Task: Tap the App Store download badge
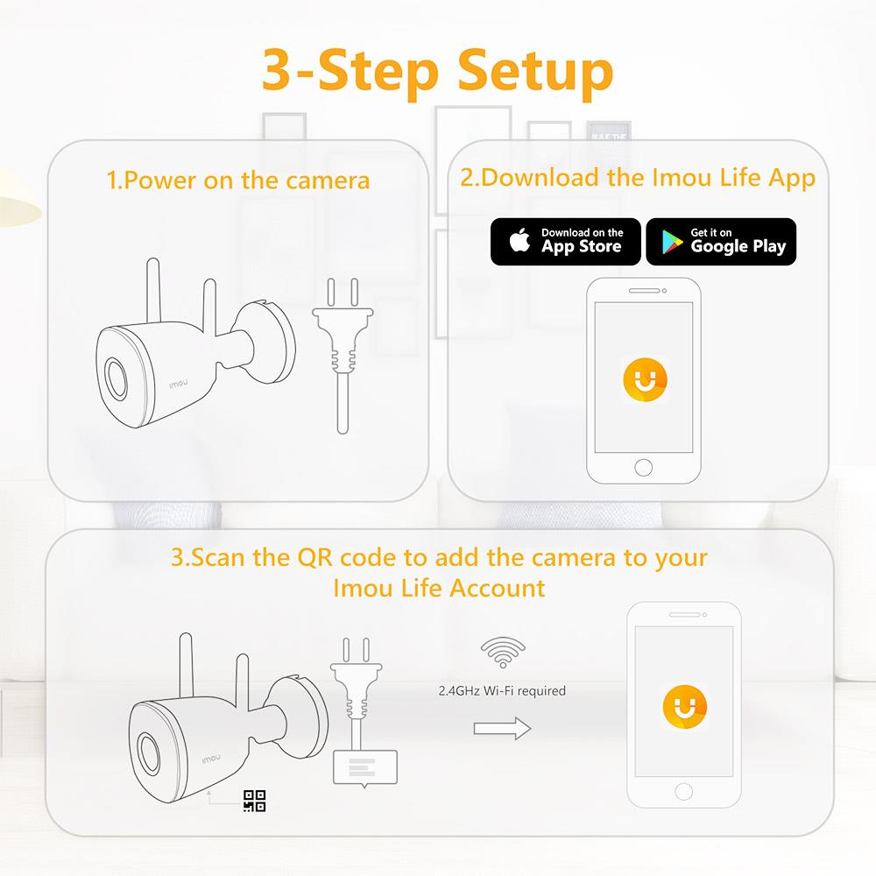point(565,241)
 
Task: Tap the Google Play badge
point(721,241)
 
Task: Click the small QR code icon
point(254,801)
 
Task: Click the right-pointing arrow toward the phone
point(502,727)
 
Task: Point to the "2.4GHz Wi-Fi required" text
point(502,691)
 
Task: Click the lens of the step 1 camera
point(115,378)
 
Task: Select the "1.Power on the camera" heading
point(238,181)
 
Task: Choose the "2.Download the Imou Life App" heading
point(638,178)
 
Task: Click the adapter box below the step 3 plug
point(365,767)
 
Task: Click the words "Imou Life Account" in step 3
point(439,588)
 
